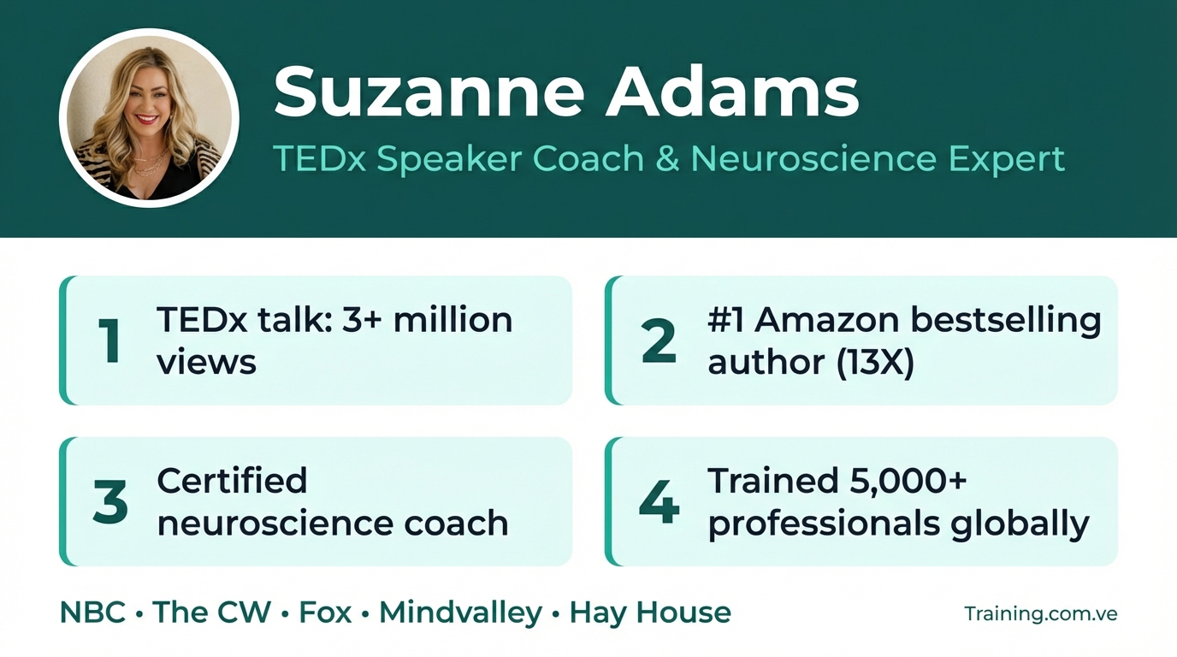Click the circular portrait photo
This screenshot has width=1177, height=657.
pos(149,119)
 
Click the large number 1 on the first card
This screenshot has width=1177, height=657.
pos(109,340)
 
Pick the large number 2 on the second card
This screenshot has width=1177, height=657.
pos(658,340)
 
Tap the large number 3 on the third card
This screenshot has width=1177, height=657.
pos(110,501)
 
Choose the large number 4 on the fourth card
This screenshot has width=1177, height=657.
pos(659,501)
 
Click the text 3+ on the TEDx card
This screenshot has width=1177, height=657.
pos(364,319)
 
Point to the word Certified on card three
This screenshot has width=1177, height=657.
pos(232,480)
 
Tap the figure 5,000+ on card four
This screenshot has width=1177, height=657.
pos(908,480)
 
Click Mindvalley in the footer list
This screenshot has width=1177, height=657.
pos(460,613)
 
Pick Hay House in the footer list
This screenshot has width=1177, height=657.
pos(650,613)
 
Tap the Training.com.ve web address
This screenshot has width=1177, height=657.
pos(1040,613)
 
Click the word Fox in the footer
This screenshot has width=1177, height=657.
pos(325,613)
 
